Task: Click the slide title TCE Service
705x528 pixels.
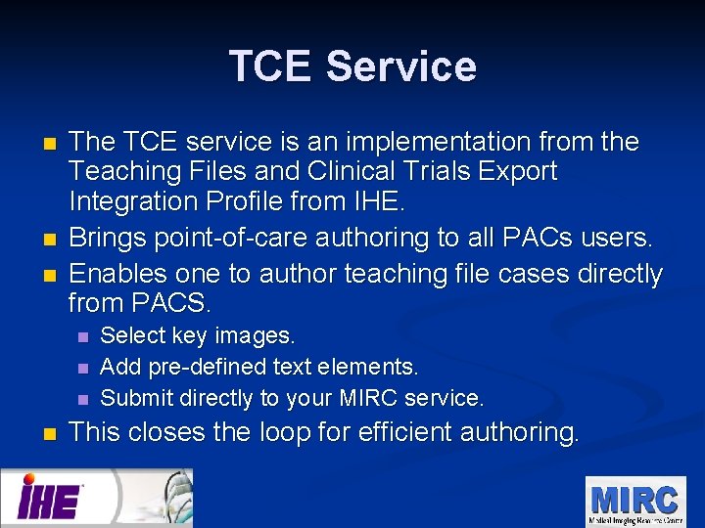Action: tap(352, 66)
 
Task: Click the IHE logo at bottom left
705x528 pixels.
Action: tap(51, 500)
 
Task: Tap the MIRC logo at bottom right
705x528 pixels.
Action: tap(634, 501)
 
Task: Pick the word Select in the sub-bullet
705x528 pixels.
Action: tap(133, 335)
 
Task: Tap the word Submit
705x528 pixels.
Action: tap(135, 398)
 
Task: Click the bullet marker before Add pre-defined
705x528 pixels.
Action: tap(82, 369)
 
